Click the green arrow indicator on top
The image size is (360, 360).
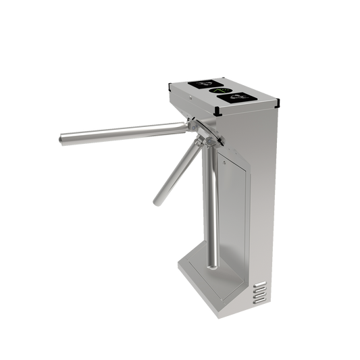pos(220,90)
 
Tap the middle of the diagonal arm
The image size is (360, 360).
pos(177,169)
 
